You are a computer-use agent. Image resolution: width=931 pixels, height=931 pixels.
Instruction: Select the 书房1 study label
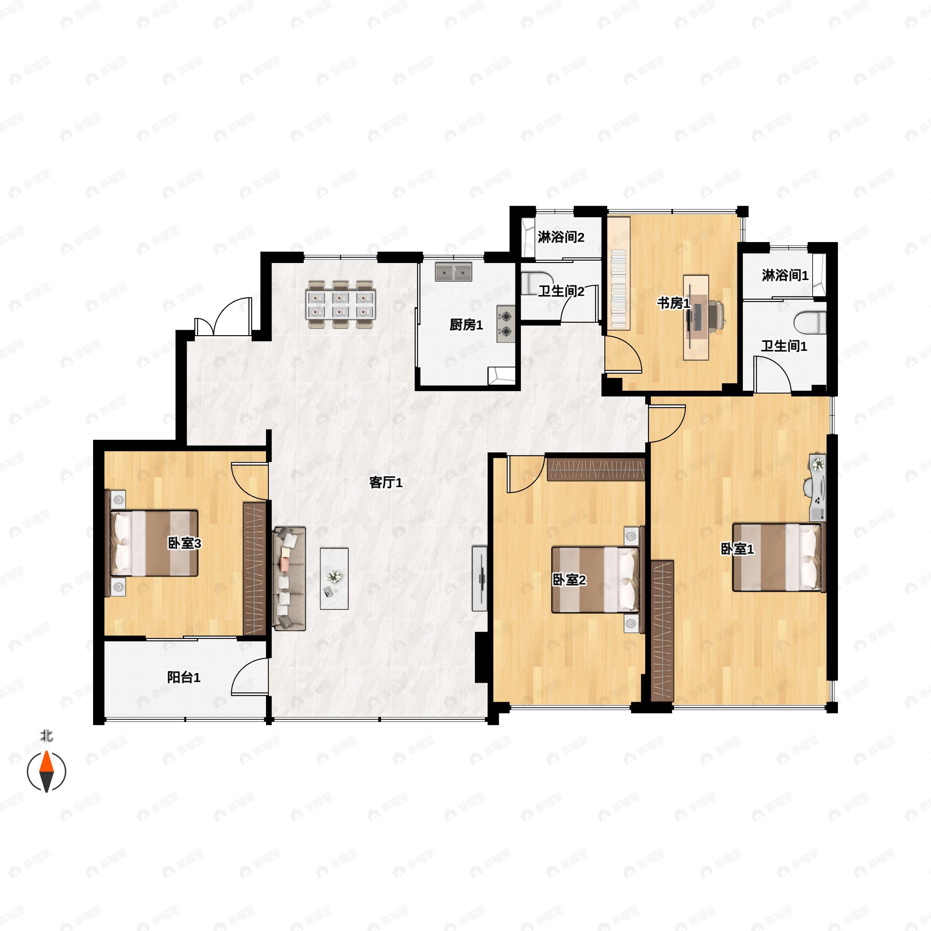click(x=674, y=304)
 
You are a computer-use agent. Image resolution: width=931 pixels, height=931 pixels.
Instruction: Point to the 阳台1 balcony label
click(x=183, y=678)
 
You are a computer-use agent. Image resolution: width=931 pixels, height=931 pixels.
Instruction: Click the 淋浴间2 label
click(x=561, y=237)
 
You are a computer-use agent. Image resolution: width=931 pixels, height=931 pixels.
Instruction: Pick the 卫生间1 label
click(x=784, y=346)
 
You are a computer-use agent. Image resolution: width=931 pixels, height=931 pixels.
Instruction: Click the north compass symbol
click(x=46, y=772)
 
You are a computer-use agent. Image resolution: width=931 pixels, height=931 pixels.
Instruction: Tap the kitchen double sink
click(x=453, y=272)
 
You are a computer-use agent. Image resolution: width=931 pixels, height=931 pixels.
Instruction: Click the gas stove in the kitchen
click(x=506, y=324)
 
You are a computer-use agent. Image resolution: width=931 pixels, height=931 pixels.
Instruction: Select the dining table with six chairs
click(x=340, y=305)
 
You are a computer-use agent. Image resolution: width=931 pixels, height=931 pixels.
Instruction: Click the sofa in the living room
click(x=289, y=578)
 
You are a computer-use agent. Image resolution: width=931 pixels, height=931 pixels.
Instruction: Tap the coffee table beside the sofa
click(x=334, y=578)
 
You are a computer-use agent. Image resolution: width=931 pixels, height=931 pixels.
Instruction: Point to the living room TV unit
click(x=479, y=578)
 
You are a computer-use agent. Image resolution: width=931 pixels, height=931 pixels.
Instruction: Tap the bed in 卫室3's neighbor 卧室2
click(x=595, y=579)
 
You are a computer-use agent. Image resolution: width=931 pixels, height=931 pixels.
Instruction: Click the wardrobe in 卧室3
click(x=254, y=569)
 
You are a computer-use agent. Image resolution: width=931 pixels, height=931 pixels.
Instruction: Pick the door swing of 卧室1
click(x=667, y=424)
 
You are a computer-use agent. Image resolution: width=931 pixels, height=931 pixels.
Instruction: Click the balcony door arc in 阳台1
click(x=249, y=676)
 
